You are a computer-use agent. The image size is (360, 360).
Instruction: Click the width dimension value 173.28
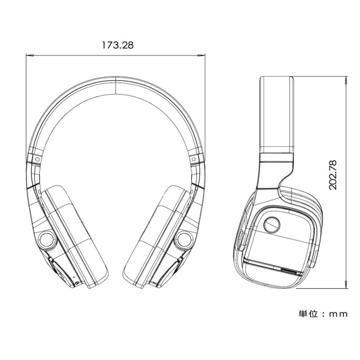(117, 45)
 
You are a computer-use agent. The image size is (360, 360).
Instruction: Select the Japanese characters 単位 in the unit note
(308, 313)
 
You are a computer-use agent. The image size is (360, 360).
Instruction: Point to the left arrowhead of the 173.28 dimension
(29, 56)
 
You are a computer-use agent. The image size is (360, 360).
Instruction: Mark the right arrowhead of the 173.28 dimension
(202, 56)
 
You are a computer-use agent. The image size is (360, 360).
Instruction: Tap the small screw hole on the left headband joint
(37, 159)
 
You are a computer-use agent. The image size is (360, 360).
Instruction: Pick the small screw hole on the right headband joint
(194, 159)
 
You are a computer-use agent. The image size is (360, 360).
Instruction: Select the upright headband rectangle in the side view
(277, 114)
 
